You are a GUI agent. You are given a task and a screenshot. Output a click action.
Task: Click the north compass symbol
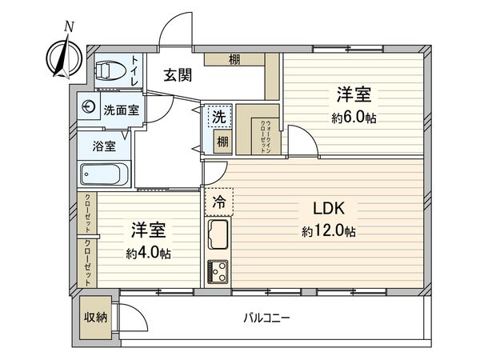(65, 57)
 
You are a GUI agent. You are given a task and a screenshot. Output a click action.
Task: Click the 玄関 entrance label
(178, 75)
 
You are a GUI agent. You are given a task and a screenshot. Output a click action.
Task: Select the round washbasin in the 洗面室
(89, 107)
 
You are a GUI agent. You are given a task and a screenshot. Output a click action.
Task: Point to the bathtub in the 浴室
(104, 174)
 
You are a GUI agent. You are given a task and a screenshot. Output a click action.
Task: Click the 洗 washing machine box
(219, 116)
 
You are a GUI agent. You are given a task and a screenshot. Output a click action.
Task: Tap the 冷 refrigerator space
(219, 202)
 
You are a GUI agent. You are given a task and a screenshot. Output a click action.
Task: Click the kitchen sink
(218, 234)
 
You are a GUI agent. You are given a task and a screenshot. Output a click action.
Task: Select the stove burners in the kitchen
(218, 272)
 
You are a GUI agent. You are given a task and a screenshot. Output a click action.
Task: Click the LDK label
(329, 208)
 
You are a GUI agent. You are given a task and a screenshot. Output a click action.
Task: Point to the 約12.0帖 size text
(329, 231)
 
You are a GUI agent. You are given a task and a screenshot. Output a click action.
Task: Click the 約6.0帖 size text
(354, 118)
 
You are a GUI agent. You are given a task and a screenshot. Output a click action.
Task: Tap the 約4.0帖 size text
(149, 254)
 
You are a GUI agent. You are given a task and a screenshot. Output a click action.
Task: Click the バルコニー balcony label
(266, 318)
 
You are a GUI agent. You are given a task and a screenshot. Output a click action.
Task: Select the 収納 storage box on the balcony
(95, 318)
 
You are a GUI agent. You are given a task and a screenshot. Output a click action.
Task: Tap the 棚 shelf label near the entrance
(234, 59)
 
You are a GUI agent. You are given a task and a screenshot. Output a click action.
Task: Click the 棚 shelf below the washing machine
(222, 142)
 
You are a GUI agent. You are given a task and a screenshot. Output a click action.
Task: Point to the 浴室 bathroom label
(104, 146)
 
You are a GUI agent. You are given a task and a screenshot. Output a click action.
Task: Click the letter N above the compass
(69, 27)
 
